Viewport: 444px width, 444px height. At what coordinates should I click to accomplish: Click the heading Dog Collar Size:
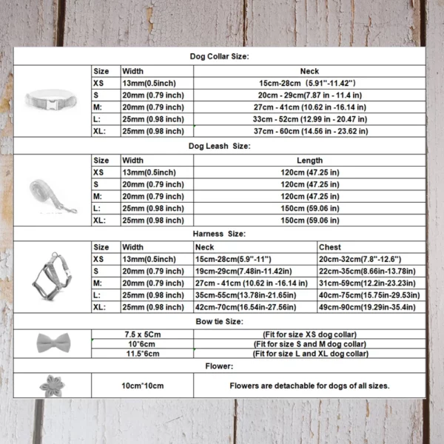pyautogui.click(x=219, y=56)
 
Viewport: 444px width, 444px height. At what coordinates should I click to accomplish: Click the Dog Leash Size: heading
pyautogui.click(x=219, y=146)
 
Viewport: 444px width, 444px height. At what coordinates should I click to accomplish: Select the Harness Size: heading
pyautogui.click(x=221, y=233)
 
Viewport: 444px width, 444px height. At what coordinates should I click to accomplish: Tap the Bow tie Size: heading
pyautogui.click(x=221, y=321)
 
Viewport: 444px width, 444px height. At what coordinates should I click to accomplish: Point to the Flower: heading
pyautogui.click(x=220, y=366)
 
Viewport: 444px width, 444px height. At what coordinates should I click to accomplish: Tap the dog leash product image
pyautogui.click(x=52, y=190)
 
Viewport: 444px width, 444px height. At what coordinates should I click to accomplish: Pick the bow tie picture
pyautogui.click(x=53, y=343)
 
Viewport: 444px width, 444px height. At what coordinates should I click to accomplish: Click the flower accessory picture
pyautogui.click(x=53, y=386)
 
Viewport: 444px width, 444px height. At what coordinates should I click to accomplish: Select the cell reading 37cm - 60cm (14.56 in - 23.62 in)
pyautogui.click(x=309, y=131)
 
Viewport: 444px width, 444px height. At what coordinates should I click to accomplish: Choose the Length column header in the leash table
pyautogui.click(x=309, y=160)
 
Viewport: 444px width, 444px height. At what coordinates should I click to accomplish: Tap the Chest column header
pyautogui.click(x=330, y=247)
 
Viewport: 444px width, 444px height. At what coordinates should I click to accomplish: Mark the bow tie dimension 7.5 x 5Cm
pyautogui.click(x=144, y=334)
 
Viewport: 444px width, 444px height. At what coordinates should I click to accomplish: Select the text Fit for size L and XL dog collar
pyautogui.click(x=311, y=354)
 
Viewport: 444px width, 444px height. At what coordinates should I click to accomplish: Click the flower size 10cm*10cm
pyautogui.click(x=144, y=386)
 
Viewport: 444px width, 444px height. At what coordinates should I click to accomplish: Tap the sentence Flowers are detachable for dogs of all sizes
pyautogui.click(x=309, y=386)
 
